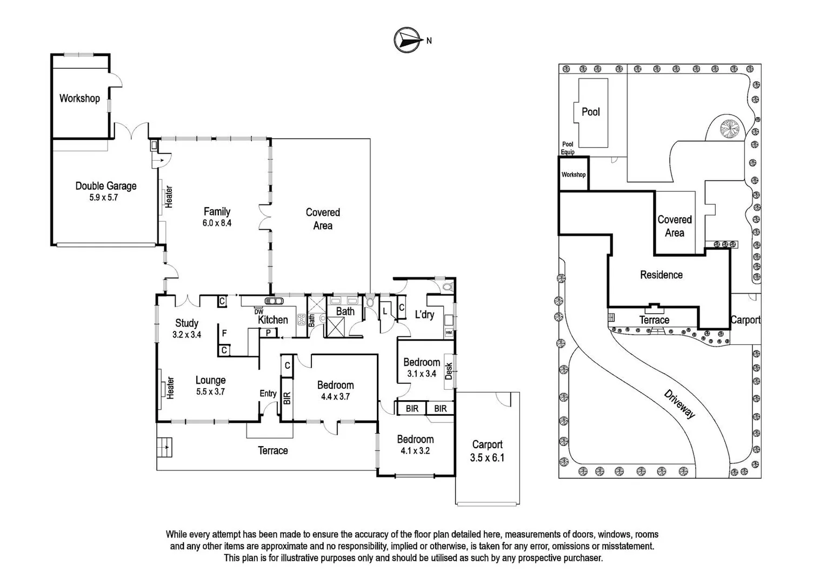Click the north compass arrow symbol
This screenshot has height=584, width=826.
(x=408, y=40)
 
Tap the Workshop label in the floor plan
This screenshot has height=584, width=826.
(x=79, y=98)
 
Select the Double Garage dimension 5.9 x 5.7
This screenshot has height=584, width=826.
(x=103, y=198)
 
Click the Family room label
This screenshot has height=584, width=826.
(x=217, y=211)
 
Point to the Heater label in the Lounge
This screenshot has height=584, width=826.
(x=171, y=388)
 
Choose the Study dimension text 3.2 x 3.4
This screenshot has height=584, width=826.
(x=186, y=335)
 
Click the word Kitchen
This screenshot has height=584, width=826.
(x=272, y=320)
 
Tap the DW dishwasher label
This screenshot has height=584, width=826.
(x=258, y=311)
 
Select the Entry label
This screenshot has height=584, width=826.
(x=268, y=394)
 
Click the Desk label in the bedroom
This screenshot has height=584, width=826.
(x=448, y=370)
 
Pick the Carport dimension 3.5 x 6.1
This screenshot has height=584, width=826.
(x=487, y=457)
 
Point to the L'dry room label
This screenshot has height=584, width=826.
(x=424, y=314)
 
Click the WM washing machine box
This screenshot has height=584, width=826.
(x=448, y=333)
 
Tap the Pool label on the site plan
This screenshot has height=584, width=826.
(x=590, y=112)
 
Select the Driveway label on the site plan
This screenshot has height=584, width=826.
(x=679, y=403)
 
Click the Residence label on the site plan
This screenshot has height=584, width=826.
(x=661, y=275)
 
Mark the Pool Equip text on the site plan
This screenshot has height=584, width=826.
(x=567, y=148)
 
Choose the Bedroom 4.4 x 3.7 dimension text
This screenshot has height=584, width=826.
(x=335, y=396)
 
